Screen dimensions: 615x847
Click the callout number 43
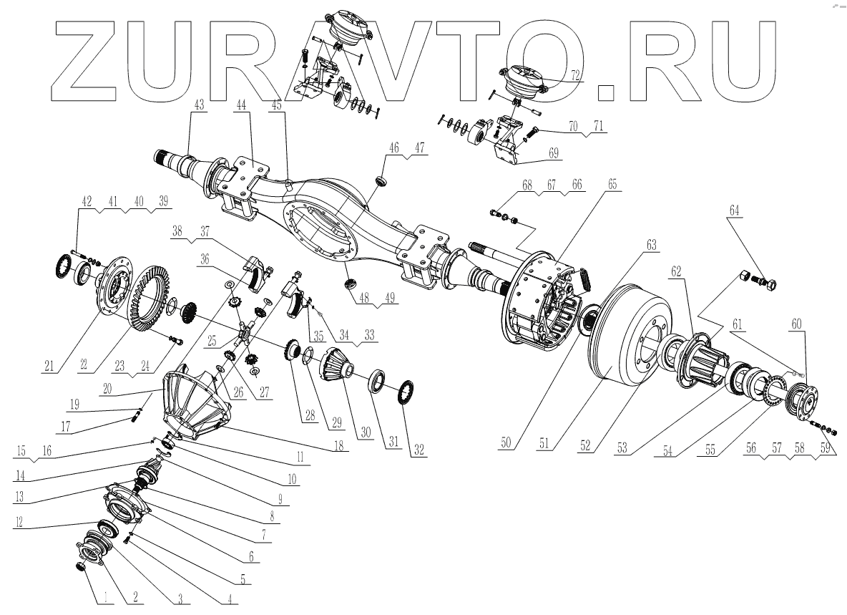point(198,105)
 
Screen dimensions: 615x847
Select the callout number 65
point(612,184)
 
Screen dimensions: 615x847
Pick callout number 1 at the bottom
point(104,596)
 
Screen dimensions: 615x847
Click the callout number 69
point(553,152)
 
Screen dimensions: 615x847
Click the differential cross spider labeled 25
point(245,331)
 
